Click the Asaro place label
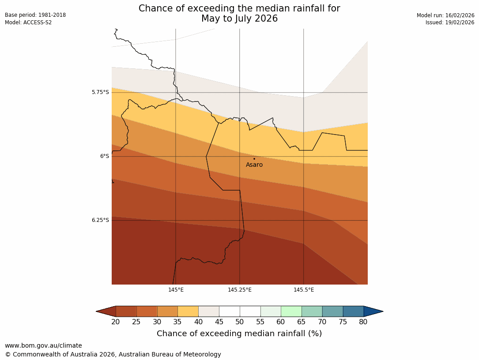tap(254, 165)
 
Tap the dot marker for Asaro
tap(254, 158)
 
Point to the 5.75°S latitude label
tap(100, 92)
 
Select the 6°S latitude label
tap(104, 156)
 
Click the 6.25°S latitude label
tap(100, 220)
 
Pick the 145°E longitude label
tap(176, 290)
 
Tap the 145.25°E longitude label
tap(240, 290)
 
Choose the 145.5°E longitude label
tap(304, 290)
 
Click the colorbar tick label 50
tap(240, 322)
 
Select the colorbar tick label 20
tap(116, 322)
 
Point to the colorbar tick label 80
tap(363, 322)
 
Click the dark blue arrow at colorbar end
tap(373, 311)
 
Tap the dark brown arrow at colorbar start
tap(106, 311)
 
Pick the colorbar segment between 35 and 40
tap(188, 311)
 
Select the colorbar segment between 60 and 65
tap(291, 311)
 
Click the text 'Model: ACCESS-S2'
tap(28, 22)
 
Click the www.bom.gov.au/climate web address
tap(43, 346)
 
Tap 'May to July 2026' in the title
tap(239, 19)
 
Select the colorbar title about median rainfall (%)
tap(239, 334)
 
